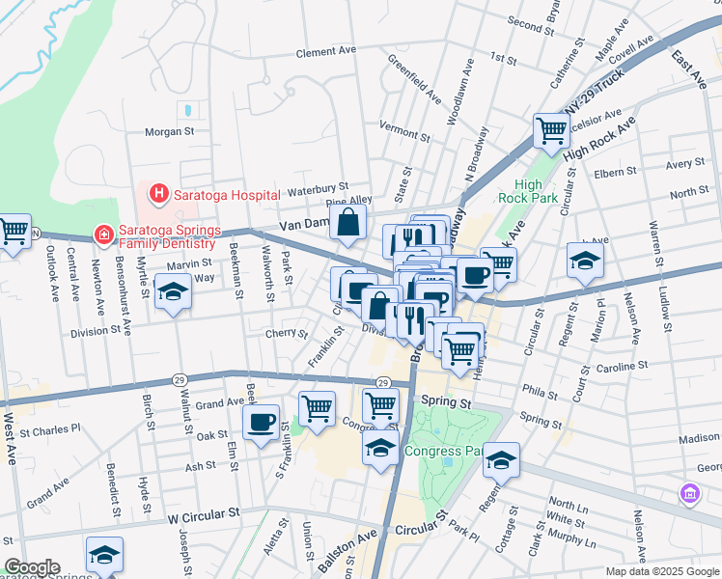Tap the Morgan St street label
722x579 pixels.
(169, 131)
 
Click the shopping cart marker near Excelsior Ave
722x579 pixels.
(551, 128)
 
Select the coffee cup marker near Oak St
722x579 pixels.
(261, 423)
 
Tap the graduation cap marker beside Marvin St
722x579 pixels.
(173, 292)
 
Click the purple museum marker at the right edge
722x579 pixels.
(690, 495)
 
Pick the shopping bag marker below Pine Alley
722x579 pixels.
(347, 223)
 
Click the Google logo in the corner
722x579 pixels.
(32, 567)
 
